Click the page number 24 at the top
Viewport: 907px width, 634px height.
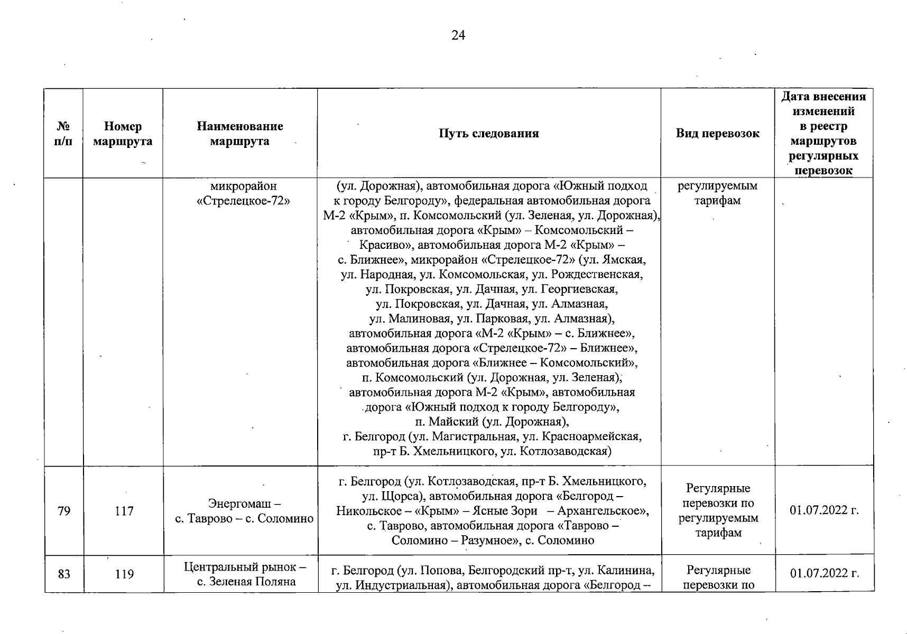click(458, 35)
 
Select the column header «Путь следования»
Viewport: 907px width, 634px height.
click(488, 133)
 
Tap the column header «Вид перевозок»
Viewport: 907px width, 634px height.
click(717, 133)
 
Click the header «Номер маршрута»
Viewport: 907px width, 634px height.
click(123, 134)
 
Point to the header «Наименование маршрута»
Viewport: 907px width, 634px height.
click(239, 134)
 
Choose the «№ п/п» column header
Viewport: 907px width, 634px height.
click(63, 134)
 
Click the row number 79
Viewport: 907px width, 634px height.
click(64, 511)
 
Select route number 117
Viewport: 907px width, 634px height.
click(124, 511)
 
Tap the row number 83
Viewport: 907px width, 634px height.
click(64, 574)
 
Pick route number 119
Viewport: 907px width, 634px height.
click(124, 574)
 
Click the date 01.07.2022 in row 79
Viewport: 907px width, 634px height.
click(824, 510)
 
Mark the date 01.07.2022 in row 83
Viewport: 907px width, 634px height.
click(824, 573)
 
